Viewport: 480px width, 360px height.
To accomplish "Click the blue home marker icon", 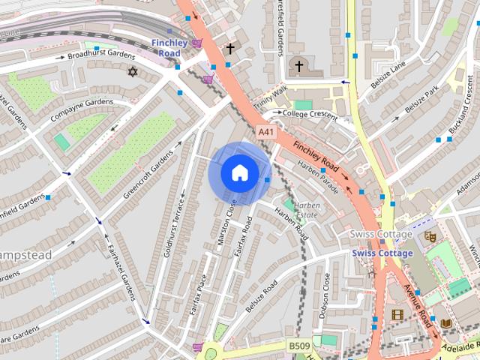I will click(238, 173).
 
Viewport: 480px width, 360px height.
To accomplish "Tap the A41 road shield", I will click(265, 131).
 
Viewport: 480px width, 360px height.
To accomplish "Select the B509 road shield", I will click(299, 346).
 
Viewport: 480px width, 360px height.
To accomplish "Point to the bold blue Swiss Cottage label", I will click(382, 253).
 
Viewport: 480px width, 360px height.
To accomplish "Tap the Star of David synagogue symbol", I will click(133, 72).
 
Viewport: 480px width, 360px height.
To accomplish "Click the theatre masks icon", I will click(430, 235).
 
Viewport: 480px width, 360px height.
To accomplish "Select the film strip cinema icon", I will click(395, 315).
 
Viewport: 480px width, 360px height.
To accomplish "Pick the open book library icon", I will click(446, 323).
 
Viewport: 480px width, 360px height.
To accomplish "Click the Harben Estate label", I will click(307, 210).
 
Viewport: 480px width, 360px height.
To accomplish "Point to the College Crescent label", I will click(308, 113).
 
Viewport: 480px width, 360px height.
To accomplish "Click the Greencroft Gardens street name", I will click(148, 172).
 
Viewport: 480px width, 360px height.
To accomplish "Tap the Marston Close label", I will click(225, 221).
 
